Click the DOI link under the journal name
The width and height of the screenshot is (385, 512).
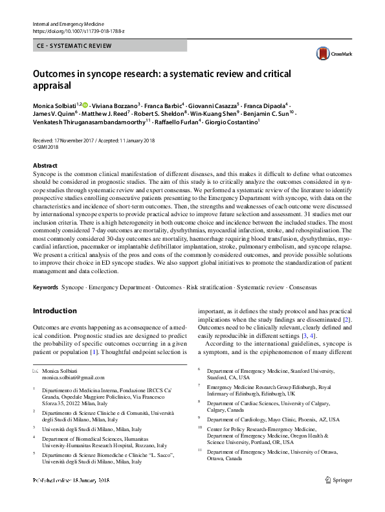tap(70, 30)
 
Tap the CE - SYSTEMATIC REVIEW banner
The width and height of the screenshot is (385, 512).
tap(75, 46)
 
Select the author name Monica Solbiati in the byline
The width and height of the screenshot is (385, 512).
tap(54, 104)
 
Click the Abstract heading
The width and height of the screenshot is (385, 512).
tap(45, 166)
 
